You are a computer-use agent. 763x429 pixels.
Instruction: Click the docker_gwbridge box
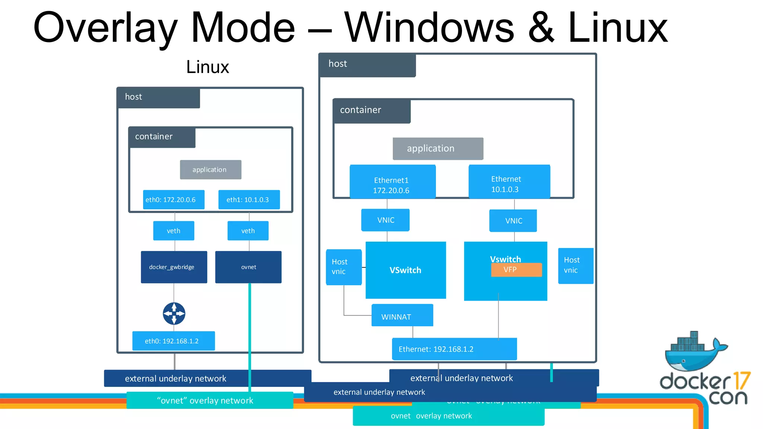click(x=174, y=267)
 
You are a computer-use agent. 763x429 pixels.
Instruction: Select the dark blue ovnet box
click(x=248, y=267)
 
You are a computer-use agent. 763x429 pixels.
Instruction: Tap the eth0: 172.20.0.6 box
click(x=174, y=200)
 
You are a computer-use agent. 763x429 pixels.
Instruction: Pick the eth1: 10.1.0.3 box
click(x=249, y=200)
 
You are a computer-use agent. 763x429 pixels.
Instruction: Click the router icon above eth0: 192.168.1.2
click(x=174, y=314)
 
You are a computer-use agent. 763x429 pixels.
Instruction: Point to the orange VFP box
click(x=516, y=270)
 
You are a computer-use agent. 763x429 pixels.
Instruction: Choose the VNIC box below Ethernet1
click(x=385, y=220)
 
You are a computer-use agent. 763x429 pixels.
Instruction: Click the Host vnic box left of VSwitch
click(x=343, y=267)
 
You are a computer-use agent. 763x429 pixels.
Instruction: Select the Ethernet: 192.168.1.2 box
click(x=454, y=349)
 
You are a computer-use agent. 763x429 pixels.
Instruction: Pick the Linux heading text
click(x=208, y=67)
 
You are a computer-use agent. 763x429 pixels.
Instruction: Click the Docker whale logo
click(x=694, y=352)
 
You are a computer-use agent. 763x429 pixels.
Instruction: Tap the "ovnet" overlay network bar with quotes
click(x=209, y=400)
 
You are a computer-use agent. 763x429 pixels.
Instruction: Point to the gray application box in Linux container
click(x=210, y=170)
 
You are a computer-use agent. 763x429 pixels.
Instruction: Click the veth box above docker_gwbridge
click(x=174, y=231)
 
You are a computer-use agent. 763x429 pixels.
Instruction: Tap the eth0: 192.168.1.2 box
click(x=173, y=341)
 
